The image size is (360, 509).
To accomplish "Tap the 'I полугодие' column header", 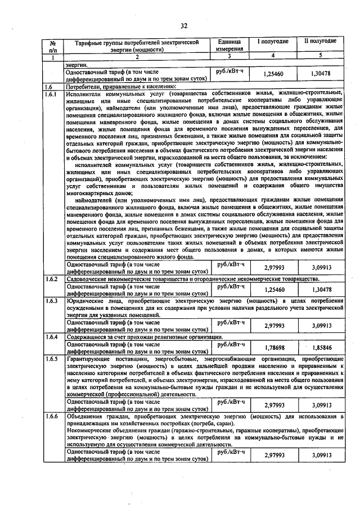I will (x=273, y=42).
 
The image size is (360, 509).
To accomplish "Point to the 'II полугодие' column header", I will (x=321, y=42).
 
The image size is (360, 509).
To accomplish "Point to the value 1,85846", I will (x=321, y=348).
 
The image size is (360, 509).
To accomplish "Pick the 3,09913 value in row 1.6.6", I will (x=321, y=456).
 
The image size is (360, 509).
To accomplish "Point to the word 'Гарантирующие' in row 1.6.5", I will (x=90, y=358).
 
